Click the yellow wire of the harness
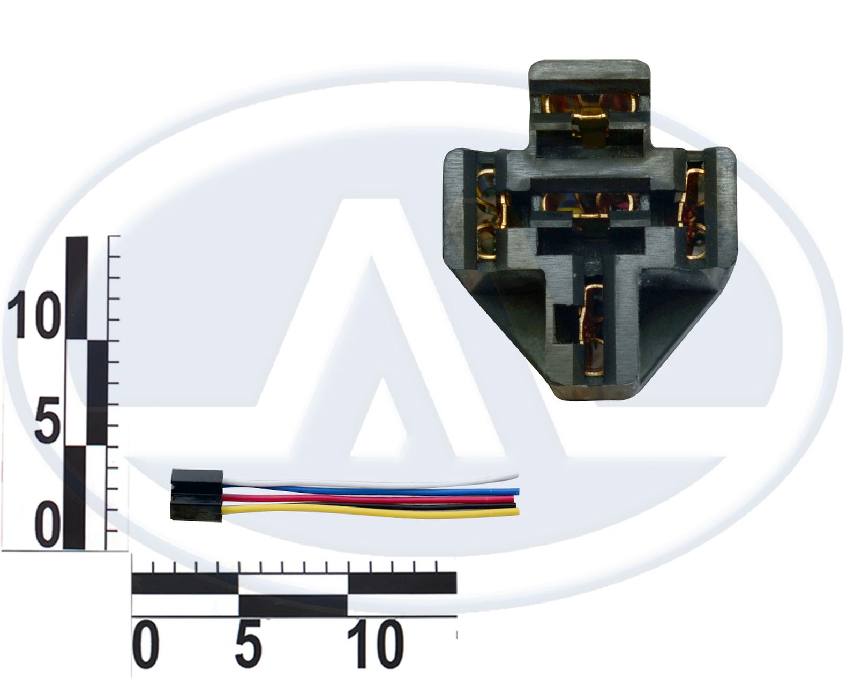tap(370, 512)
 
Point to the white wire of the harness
tap(370, 480)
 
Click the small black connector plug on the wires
tap(197, 495)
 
